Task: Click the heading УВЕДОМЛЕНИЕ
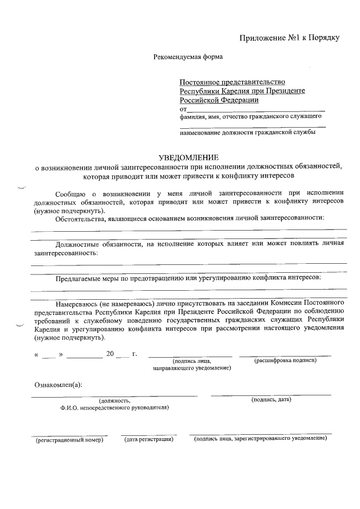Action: [x=188, y=157]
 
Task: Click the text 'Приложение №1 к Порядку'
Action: [x=289, y=38]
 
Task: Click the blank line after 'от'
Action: [x=255, y=109]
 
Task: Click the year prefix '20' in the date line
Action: [x=110, y=354]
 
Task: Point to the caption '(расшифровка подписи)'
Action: [x=286, y=360]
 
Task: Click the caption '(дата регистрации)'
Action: [x=148, y=439]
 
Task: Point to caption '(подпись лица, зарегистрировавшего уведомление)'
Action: [x=260, y=438]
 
